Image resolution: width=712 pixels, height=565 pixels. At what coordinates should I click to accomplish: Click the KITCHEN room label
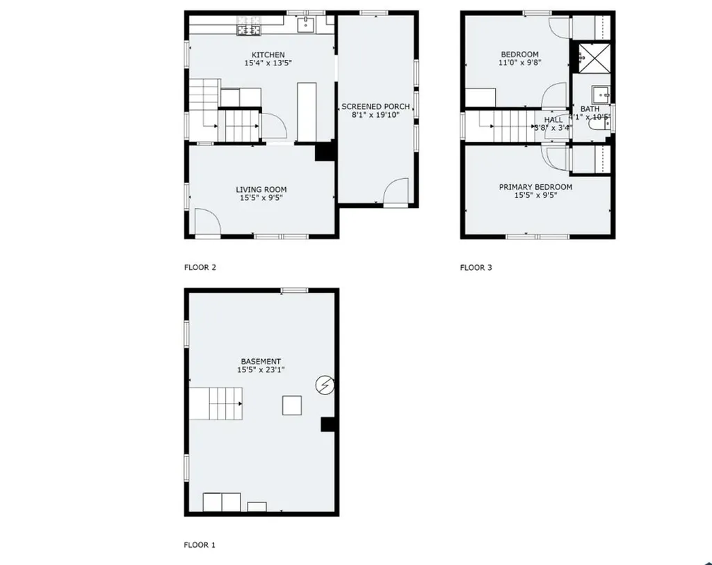(268, 55)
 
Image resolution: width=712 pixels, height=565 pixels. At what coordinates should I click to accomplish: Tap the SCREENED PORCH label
(375, 106)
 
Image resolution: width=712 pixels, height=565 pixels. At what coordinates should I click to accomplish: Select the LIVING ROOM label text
(261, 189)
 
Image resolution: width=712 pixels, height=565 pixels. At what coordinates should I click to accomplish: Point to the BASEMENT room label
(261, 361)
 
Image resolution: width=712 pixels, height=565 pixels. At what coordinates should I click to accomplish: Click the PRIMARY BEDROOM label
(535, 187)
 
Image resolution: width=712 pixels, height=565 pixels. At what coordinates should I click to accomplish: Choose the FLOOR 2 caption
(200, 267)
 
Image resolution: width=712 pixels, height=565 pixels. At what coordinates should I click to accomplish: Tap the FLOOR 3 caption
(476, 267)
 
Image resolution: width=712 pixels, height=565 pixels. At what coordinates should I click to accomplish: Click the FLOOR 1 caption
(200, 546)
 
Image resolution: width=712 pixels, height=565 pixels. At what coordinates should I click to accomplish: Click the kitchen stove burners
(248, 30)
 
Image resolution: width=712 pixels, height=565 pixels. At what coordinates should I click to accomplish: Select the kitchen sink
(306, 26)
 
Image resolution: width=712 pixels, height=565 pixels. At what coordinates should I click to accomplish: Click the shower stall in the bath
(592, 57)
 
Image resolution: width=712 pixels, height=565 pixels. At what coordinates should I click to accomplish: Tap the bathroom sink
(601, 95)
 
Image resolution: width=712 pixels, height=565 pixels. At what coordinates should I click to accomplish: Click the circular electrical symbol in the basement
(325, 383)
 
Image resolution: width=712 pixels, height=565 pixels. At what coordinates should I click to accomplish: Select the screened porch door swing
(398, 191)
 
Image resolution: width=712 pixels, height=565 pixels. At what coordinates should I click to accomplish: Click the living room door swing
(207, 223)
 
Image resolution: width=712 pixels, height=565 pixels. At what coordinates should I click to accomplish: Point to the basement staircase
(216, 404)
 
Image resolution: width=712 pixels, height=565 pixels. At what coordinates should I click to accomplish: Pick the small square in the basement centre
(292, 405)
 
